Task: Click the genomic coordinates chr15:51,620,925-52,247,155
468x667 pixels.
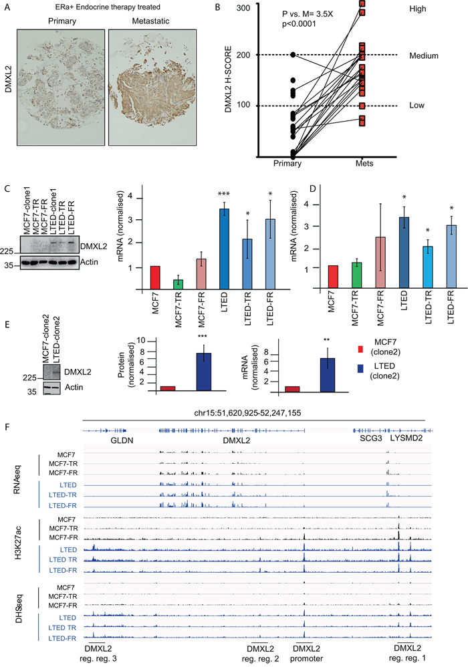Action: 257,412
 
